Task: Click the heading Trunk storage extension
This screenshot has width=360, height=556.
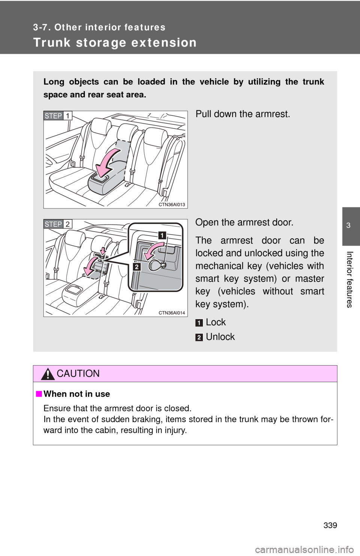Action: tap(115, 42)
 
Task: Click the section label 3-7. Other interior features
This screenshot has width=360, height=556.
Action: tap(99, 27)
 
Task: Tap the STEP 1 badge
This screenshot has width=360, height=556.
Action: tap(58, 116)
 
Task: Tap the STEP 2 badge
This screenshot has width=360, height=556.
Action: tap(58, 224)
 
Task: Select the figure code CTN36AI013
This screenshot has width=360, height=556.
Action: tap(172, 205)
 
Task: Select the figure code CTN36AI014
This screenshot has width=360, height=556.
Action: tap(172, 313)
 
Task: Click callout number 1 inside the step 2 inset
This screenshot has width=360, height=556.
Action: tap(162, 235)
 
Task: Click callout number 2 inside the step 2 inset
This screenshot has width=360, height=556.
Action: tap(136, 267)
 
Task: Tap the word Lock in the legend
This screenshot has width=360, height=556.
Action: tap(216, 322)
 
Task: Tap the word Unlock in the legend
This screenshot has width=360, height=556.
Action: tap(220, 337)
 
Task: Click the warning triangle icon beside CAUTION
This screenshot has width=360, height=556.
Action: tap(48, 374)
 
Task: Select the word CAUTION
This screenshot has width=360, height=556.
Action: tap(78, 374)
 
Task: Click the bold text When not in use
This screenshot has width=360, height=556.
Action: tap(77, 394)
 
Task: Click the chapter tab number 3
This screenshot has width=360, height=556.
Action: tap(348, 226)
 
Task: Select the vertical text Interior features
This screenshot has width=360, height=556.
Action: tap(349, 279)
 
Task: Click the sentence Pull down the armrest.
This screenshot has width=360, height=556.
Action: tap(243, 114)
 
